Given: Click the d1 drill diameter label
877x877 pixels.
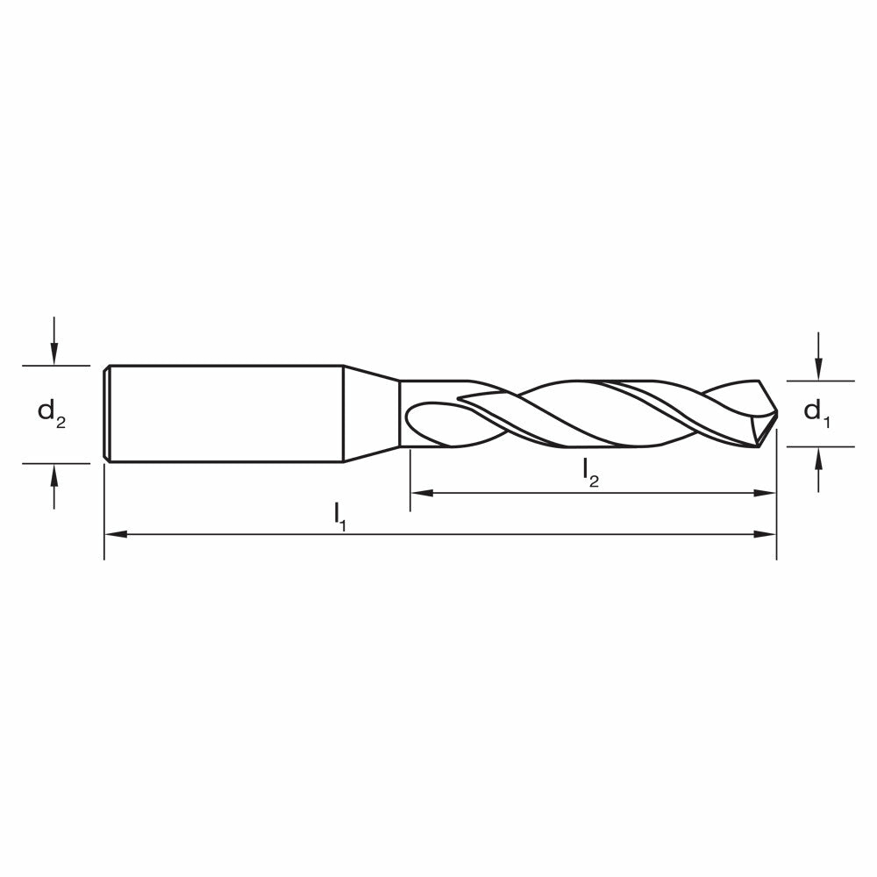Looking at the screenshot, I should click(816, 412).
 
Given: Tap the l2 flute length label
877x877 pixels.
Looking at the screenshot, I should click(590, 474).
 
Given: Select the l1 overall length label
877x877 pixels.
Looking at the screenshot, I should click(340, 515).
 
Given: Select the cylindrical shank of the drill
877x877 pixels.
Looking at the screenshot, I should click(224, 413).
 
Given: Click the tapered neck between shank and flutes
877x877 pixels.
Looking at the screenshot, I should click(371, 413).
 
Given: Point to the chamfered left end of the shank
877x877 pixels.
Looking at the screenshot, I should click(106, 413).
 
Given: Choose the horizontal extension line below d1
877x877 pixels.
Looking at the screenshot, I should click(820, 446).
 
